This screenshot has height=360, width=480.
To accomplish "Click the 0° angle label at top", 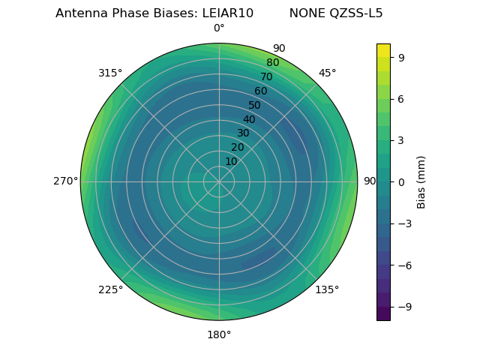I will pyautogui.click(x=219, y=28).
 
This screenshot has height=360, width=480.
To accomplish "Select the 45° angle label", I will pyautogui.click(x=327, y=73).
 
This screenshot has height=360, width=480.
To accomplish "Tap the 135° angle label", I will pyautogui.click(x=327, y=289).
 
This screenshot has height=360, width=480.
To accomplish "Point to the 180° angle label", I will pyautogui.click(x=219, y=334).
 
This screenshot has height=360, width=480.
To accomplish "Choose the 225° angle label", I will pyautogui.click(x=110, y=290).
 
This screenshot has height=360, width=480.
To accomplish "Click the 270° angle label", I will pyautogui.click(x=65, y=181).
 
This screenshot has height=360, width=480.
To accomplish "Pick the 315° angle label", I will pyautogui.click(x=110, y=73).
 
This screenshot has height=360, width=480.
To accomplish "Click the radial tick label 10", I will pyautogui.click(x=231, y=161).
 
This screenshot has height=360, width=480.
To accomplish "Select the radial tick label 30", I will pyautogui.click(x=243, y=133).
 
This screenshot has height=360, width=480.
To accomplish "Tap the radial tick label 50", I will pyautogui.click(x=255, y=106).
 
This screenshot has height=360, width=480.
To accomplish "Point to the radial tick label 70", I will pyautogui.click(x=267, y=76).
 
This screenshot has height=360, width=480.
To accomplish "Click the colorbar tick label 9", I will pyautogui.click(x=402, y=57).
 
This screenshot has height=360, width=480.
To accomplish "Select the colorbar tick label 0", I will pyautogui.click(x=402, y=181).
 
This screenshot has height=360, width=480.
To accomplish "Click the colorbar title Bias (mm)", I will pyautogui.click(x=421, y=181).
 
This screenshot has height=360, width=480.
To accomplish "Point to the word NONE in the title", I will pyautogui.click(x=305, y=13).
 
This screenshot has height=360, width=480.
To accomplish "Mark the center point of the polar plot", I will pyautogui.click(x=219, y=181).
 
